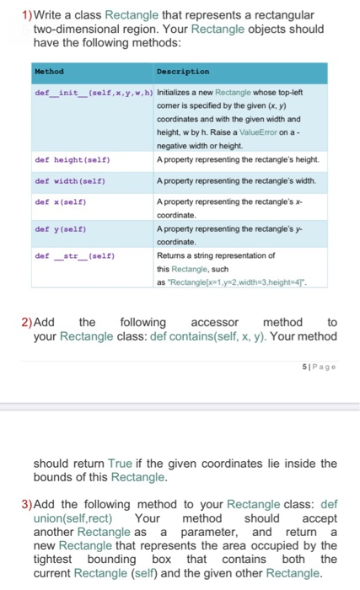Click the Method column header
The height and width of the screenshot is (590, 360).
[49, 72]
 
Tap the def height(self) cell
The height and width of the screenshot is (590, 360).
[73, 158]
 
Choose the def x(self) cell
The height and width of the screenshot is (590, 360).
[60, 202]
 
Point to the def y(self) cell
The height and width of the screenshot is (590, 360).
[60, 228]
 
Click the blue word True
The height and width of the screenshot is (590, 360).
[122, 463]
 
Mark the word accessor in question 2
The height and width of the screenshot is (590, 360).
[215, 322]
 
